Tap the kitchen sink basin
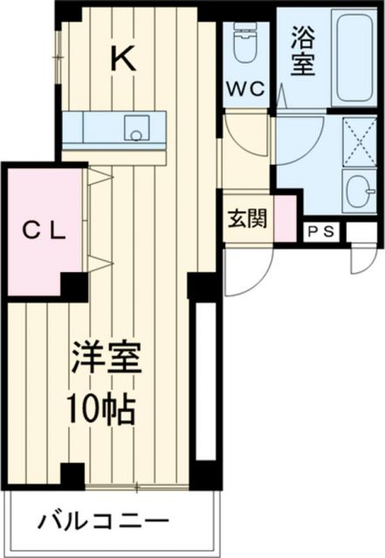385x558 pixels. coord(136,128)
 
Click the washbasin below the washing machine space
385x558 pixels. coord(356,187)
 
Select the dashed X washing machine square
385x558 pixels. coord(356,138)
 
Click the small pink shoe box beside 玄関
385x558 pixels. coord(285,220)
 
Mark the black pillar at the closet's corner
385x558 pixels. coord(73,285)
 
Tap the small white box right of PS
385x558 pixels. coord(359,232)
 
